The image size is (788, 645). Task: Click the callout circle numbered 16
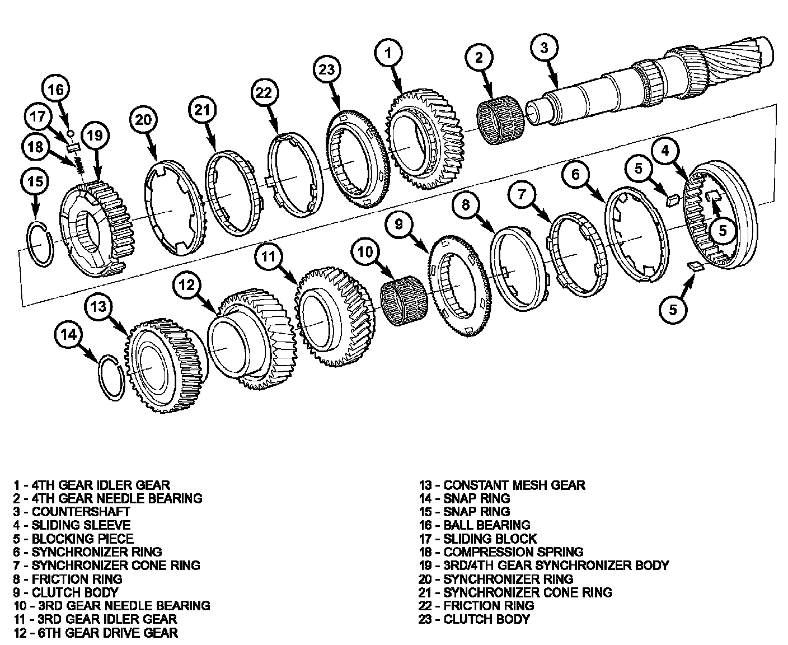55,90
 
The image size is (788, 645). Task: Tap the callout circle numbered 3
544,48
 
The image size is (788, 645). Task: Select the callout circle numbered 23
327,69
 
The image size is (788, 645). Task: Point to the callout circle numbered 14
69,334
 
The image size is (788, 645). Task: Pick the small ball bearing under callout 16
71,133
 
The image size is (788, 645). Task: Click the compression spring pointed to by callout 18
79,165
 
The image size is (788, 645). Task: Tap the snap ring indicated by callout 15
41,244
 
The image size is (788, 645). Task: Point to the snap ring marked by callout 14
112,377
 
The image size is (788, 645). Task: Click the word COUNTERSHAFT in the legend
81,512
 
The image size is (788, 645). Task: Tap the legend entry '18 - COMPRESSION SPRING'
501,552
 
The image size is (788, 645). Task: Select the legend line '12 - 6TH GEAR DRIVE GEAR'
96,633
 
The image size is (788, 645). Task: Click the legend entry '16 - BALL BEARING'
474,525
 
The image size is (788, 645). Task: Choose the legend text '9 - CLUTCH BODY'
66,592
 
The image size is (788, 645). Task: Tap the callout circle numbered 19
95,135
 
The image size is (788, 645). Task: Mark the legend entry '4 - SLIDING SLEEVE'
72,525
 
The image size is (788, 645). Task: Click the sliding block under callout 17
73,147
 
